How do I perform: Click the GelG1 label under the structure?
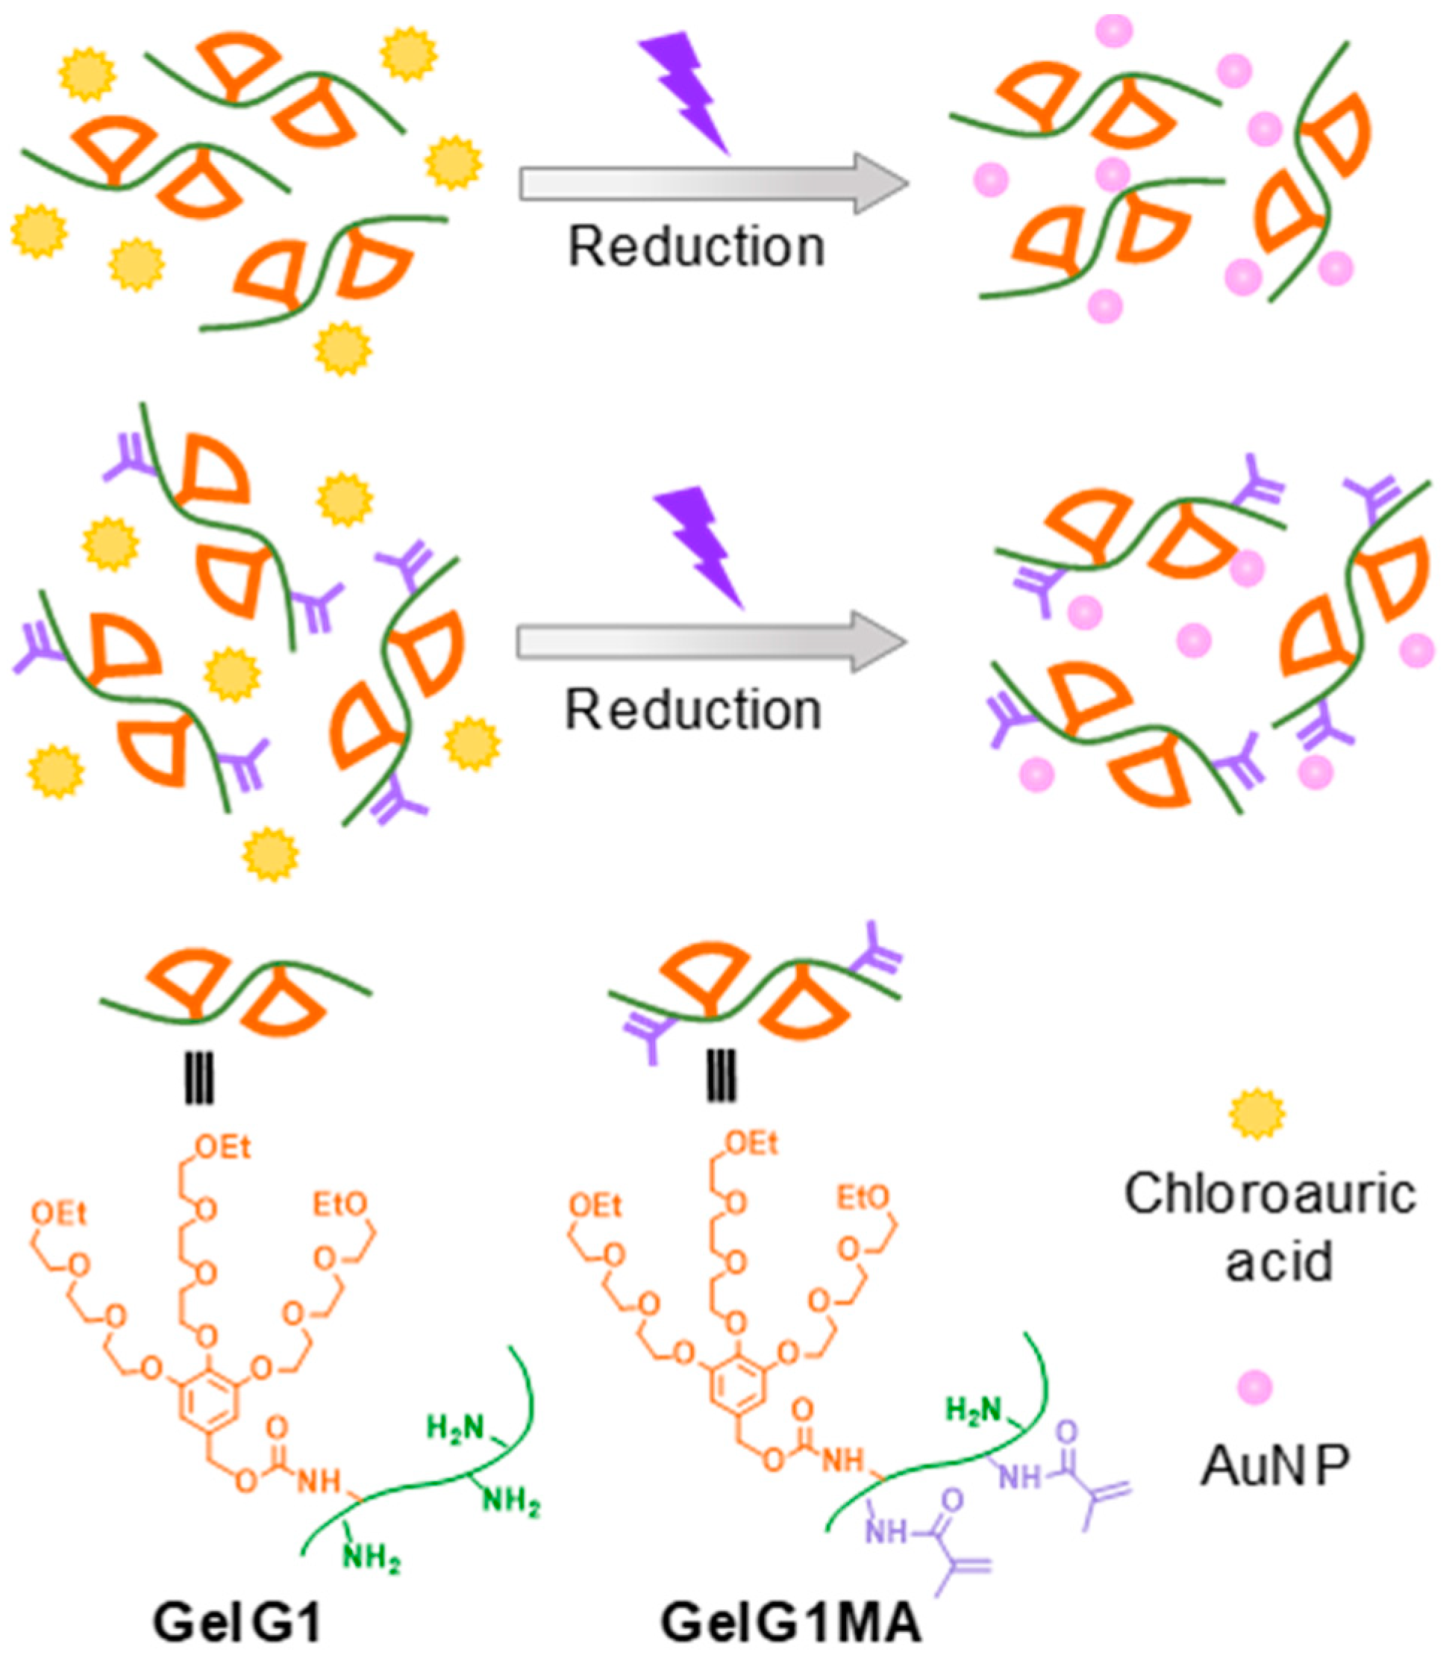tap(237, 1623)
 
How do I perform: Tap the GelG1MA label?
tap(792, 1623)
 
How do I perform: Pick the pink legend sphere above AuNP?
tap(1257, 1388)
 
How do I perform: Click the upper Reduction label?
tap(696, 245)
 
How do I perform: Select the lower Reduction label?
tap(693, 710)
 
